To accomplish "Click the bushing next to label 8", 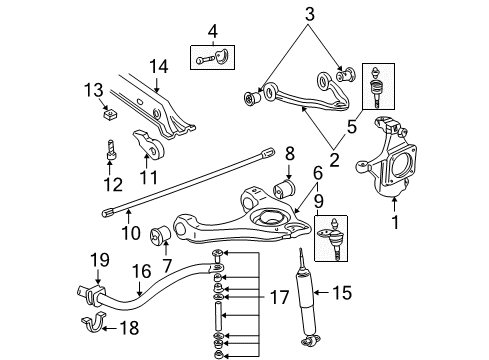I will (284, 187).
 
